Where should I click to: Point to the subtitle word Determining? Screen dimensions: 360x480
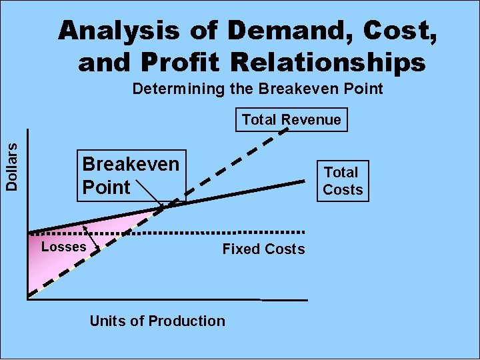tap(173, 89)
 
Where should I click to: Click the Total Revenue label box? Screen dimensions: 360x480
tap(291, 120)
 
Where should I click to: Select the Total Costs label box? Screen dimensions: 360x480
tap(343, 181)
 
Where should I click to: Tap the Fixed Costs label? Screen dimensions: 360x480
tap(263, 249)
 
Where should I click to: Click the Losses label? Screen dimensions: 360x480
tap(64, 247)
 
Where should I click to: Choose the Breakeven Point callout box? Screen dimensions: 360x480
tap(131, 176)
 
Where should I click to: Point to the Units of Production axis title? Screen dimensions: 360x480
tap(157, 321)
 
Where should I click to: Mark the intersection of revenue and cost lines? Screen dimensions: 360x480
tap(164, 208)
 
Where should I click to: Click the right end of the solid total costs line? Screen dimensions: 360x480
tap(303, 181)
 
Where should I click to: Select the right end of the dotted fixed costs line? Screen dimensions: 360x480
tap(303, 231)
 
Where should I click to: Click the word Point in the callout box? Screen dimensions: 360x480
tap(106, 187)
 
